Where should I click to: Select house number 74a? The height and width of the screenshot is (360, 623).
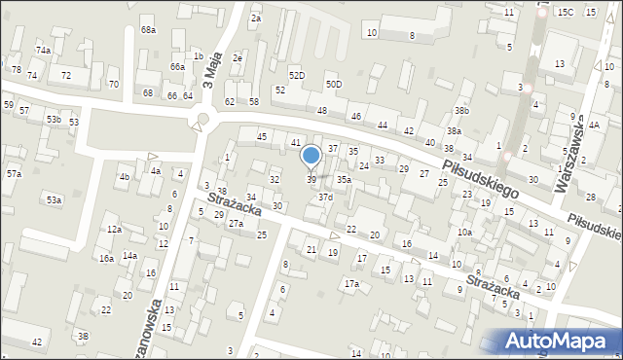(x=43, y=50)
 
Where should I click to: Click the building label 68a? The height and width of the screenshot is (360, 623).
(x=148, y=30)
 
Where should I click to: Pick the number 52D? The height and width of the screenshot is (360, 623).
(x=297, y=75)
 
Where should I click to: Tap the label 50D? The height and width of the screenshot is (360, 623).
(x=334, y=85)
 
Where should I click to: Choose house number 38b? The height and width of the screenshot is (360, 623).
(x=461, y=111)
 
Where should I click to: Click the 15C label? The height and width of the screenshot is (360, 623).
(x=566, y=12)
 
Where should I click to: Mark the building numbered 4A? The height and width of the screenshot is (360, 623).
(x=593, y=126)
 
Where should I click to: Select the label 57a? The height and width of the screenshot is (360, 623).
(x=14, y=173)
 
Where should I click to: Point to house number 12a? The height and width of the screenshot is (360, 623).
(x=114, y=230)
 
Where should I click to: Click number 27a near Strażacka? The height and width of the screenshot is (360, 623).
(x=236, y=224)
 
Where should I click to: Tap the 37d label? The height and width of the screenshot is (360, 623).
(x=325, y=198)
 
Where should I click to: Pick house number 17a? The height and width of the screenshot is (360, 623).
(x=351, y=283)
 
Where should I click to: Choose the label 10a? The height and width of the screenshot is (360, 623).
(x=465, y=233)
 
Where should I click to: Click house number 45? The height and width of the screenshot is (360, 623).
(x=262, y=137)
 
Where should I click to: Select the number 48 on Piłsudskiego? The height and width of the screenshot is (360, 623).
(x=322, y=110)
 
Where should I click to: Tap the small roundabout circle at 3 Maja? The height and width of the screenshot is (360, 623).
(x=202, y=120)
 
